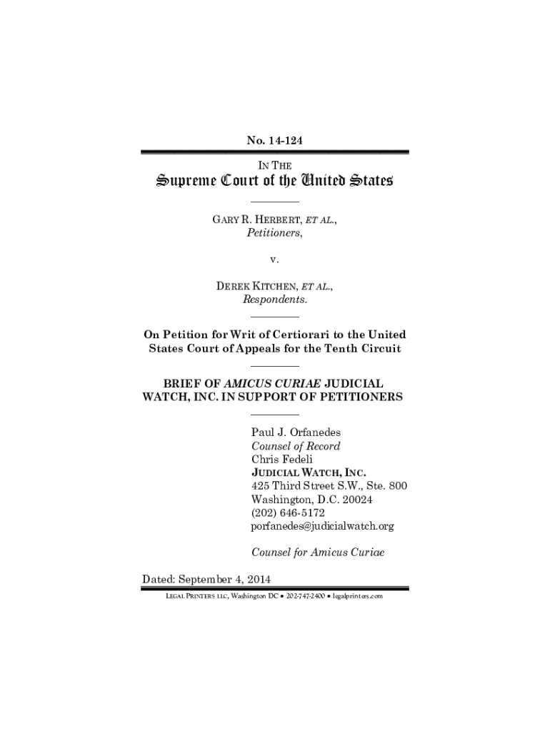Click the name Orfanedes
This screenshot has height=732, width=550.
pyautogui.click(x=319, y=432)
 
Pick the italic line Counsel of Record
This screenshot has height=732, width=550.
pyautogui.click(x=295, y=446)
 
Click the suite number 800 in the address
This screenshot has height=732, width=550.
pyautogui.click(x=397, y=486)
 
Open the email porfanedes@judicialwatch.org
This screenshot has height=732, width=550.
pyautogui.click(x=322, y=526)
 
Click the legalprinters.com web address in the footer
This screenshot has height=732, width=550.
pyautogui.click(x=358, y=595)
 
